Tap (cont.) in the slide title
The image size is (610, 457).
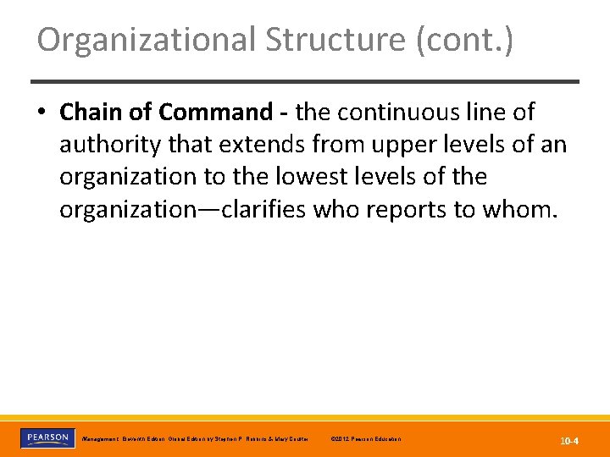[x=464, y=40]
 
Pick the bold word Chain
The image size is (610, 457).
[x=91, y=112]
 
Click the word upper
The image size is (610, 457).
[x=397, y=145]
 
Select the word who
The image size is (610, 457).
[x=334, y=210]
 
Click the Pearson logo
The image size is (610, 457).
[x=47, y=438]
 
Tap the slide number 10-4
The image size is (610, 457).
[x=568, y=440]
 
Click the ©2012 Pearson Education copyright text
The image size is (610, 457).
[x=365, y=439]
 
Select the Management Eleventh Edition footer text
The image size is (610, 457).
[x=195, y=439]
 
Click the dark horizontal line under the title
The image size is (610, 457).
[x=305, y=82]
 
